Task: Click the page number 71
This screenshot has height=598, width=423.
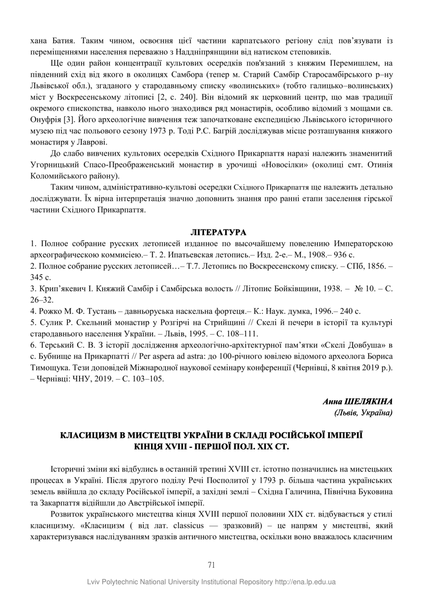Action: coord(211,565)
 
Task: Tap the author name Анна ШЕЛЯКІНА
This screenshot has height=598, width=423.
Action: coord(357,401)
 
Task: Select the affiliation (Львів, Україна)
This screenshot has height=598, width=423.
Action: coord(363,412)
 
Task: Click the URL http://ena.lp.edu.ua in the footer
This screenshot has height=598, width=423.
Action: coord(305,582)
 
